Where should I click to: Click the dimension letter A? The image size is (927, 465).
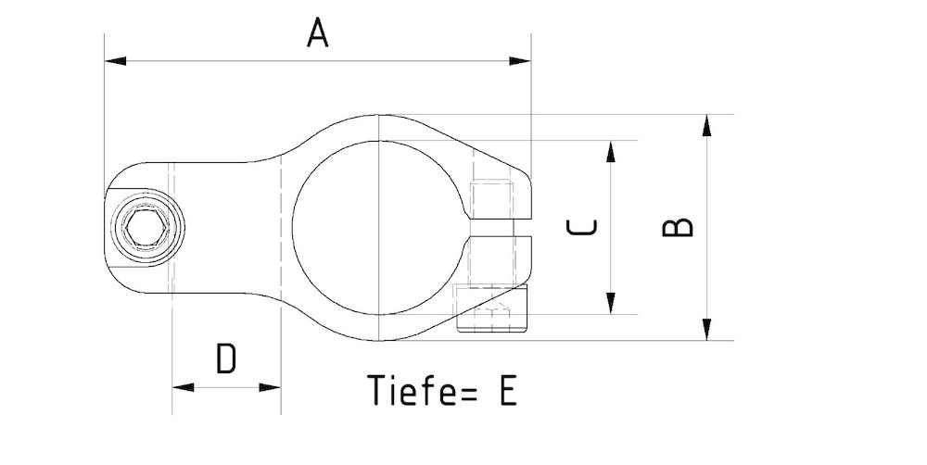point(318,33)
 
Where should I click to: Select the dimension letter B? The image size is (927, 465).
point(679,227)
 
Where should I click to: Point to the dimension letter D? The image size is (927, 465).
point(226,358)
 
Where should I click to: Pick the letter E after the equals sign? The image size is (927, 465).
point(506,390)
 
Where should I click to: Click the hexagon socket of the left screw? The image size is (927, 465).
point(146,228)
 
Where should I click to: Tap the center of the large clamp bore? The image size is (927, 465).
point(380,228)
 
